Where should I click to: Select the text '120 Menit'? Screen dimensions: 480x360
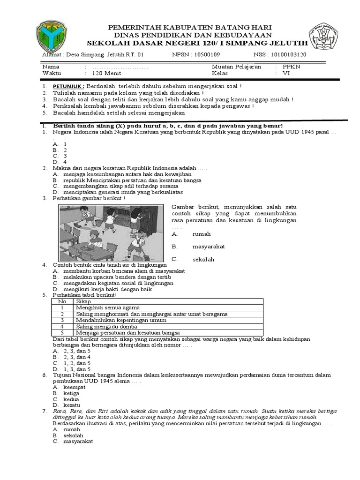point(106,74)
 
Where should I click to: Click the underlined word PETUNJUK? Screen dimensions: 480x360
point(68,87)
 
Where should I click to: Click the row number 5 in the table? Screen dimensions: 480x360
point(62,332)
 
